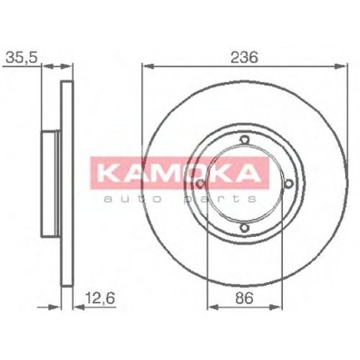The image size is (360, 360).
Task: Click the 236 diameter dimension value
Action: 244,58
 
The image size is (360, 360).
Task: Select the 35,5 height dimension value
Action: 22,58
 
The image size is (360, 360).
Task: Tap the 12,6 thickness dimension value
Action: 100,298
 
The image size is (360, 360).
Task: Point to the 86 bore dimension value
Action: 244,298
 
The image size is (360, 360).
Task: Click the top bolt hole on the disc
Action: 244,139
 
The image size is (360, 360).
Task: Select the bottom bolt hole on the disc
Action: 244,228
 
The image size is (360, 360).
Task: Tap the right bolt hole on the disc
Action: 289,184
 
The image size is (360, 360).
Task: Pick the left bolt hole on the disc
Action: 199,184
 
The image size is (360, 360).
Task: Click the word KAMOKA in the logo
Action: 179,173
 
